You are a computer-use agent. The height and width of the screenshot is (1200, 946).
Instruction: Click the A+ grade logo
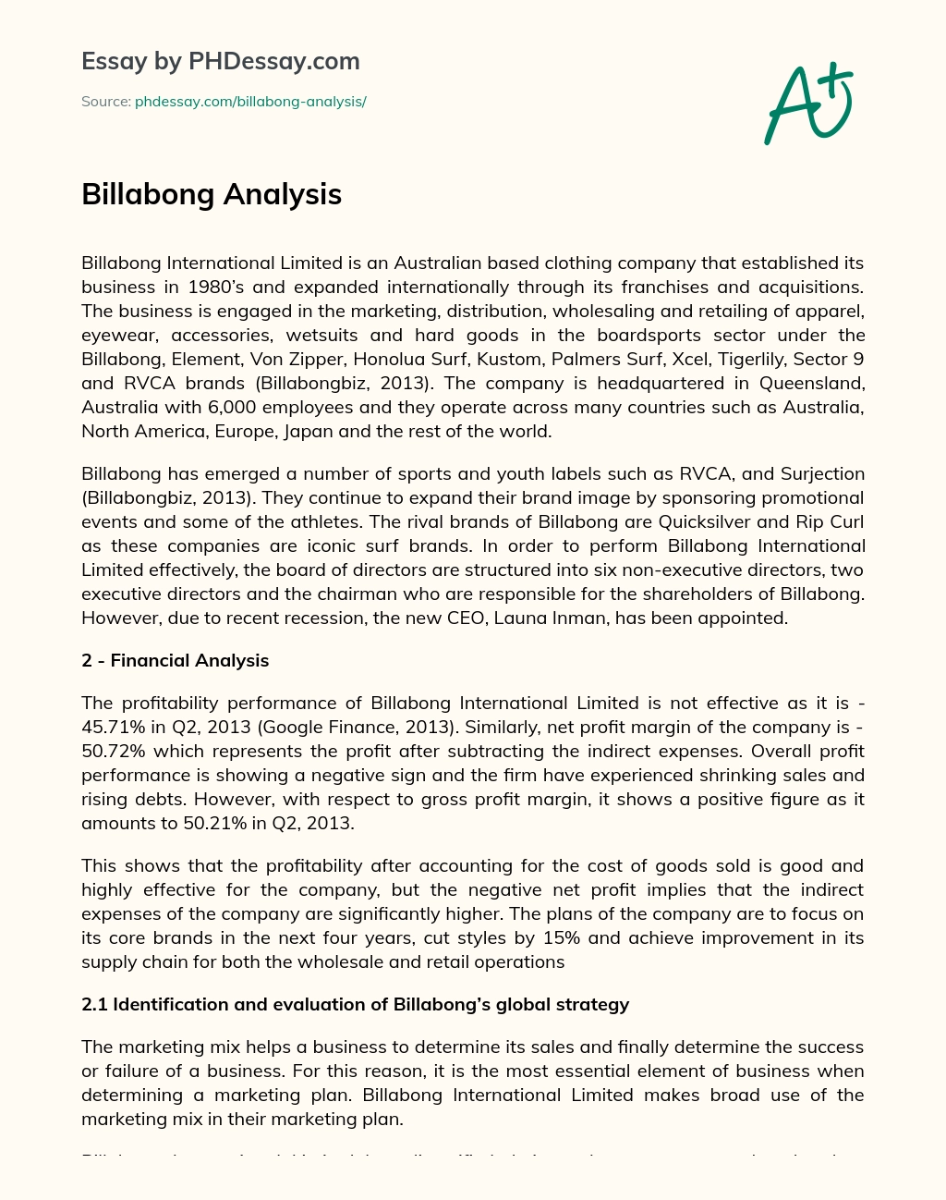808,104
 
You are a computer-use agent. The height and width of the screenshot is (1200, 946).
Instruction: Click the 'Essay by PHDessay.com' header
220,61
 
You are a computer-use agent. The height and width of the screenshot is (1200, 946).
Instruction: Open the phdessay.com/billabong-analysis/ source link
250,102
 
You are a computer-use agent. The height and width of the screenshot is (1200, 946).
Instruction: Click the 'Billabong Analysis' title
212,194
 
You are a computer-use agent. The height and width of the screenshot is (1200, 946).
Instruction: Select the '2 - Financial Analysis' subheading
176,660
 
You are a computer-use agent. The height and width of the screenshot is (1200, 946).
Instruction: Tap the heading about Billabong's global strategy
356,1004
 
